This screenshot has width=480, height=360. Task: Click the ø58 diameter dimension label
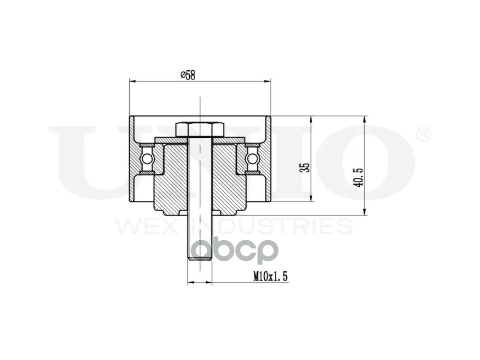(x=188, y=75)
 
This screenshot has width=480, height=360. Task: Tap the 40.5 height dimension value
(x=359, y=177)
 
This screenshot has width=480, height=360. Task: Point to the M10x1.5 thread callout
(x=270, y=277)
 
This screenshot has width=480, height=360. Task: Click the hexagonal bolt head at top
(x=199, y=130)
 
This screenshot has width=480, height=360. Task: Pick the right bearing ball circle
(x=252, y=158)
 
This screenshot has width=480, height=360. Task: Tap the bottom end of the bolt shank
(x=199, y=260)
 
